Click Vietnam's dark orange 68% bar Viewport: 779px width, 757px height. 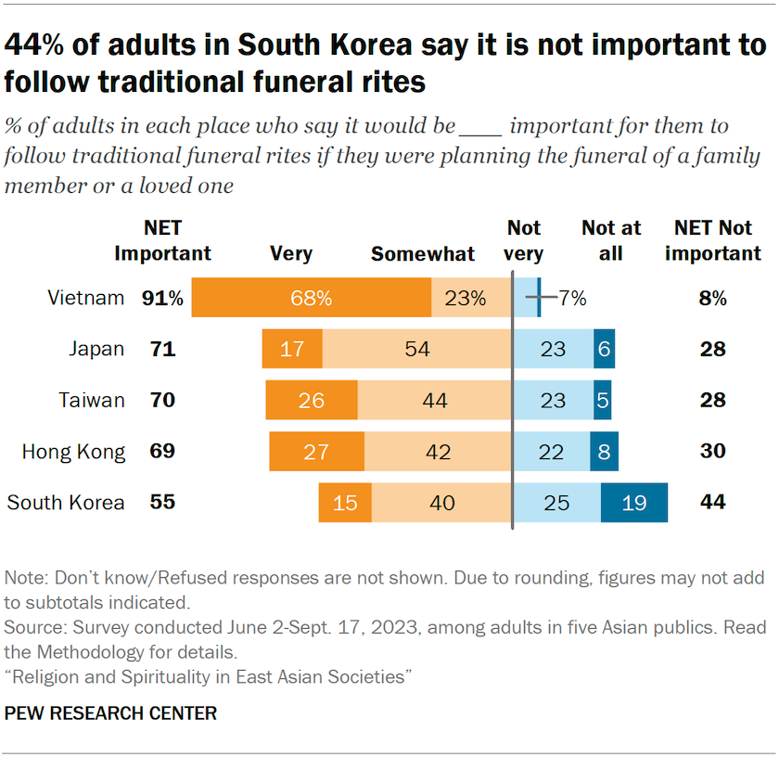click(311, 298)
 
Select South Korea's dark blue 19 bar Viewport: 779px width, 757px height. click(634, 503)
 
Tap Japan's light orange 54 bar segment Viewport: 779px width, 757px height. click(416, 349)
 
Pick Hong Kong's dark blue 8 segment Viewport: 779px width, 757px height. click(604, 452)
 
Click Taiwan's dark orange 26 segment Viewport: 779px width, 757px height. click(312, 401)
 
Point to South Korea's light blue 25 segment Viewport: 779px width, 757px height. click(557, 503)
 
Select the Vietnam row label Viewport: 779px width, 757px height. click(86, 298)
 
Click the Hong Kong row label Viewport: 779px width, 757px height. click(74, 452)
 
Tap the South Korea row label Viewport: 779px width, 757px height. click(66, 503)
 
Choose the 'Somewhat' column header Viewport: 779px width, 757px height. click(423, 253)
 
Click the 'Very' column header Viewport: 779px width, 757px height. click(291, 253)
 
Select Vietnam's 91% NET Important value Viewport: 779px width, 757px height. click(162, 298)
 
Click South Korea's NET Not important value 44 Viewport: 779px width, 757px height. click(713, 503)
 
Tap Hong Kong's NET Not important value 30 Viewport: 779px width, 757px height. click(713, 452)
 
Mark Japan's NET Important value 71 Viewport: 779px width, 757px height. click(162, 349)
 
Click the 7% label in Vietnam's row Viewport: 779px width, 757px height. click(572, 298)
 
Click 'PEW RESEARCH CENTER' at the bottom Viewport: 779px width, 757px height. click(110, 713)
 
